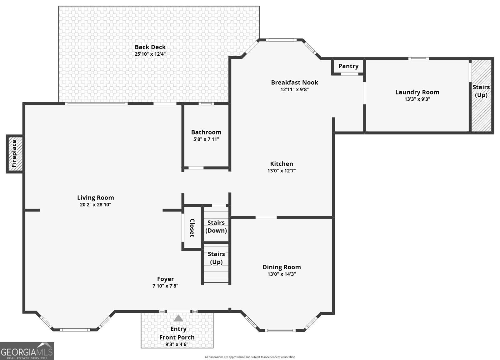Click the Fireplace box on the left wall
[x=14, y=154]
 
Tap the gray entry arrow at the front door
[x=178, y=318]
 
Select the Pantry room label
[x=348, y=66]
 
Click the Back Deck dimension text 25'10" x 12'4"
[x=150, y=54]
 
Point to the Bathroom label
[x=206, y=132]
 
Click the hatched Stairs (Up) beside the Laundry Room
[x=481, y=95]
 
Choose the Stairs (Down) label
[x=216, y=226]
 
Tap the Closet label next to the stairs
[x=192, y=228]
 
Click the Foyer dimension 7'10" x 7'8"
[x=165, y=286]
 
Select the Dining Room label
[x=282, y=267]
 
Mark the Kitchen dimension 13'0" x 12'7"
[x=281, y=171]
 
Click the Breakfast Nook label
[x=294, y=83]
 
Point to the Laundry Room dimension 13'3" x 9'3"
[x=417, y=99]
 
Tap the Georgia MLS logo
[x=27, y=351]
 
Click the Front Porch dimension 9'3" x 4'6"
[x=177, y=344]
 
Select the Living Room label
[x=95, y=198]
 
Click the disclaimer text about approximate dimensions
[x=250, y=357]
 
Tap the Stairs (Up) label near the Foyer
[x=216, y=258]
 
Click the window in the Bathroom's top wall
[x=206, y=104]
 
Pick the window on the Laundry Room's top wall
[x=418, y=58]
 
